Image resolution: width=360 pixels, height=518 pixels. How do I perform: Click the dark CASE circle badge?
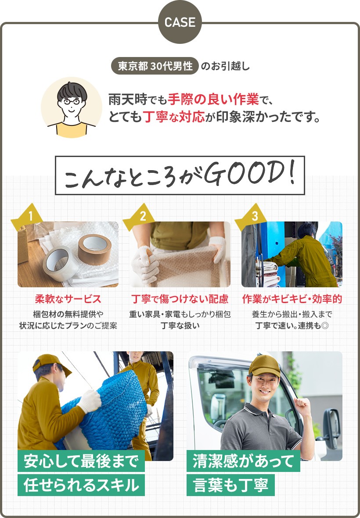coord(180,22)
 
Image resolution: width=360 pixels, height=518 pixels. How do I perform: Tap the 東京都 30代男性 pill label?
coord(155,66)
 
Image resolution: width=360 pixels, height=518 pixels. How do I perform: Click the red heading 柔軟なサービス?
coord(68,299)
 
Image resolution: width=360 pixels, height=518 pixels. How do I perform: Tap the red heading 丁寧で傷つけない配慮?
coord(180,299)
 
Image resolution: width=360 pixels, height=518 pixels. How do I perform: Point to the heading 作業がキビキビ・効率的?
coord(292,299)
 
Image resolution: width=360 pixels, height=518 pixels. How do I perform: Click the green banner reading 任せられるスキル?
coord(81,485)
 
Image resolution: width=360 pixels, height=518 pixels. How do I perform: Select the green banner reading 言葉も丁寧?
coord(230,485)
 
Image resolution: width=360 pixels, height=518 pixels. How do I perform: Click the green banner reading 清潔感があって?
coord(243,461)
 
